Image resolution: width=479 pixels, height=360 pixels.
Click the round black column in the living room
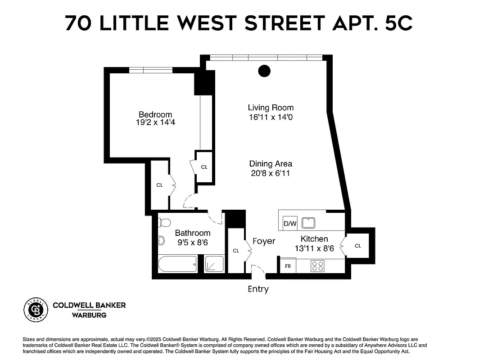(x=264, y=71)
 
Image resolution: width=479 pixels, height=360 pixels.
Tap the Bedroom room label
(x=155, y=115)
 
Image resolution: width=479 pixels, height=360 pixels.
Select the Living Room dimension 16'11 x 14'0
(x=271, y=117)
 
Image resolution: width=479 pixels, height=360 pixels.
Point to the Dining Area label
(x=271, y=164)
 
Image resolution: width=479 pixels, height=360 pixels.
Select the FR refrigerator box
(x=288, y=266)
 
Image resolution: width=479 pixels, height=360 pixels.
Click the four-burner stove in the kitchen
(x=318, y=266)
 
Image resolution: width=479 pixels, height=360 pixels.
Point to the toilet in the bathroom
(x=165, y=222)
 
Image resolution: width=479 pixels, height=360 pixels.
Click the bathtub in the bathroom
(x=177, y=264)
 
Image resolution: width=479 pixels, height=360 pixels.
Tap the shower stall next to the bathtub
(x=214, y=264)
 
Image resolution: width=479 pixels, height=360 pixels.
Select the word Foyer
(x=264, y=241)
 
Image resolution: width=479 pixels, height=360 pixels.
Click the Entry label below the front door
(x=258, y=289)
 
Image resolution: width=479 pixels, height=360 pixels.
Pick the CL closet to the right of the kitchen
(x=358, y=246)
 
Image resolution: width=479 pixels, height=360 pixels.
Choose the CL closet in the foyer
(x=235, y=251)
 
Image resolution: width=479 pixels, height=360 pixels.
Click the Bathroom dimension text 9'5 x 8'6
(x=193, y=243)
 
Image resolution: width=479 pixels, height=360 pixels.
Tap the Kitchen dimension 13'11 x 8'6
(x=314, y=248)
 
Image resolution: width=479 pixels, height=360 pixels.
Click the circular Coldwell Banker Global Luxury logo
(x=36, y=310)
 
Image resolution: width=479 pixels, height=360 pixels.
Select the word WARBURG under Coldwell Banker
(x=89, y=315)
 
